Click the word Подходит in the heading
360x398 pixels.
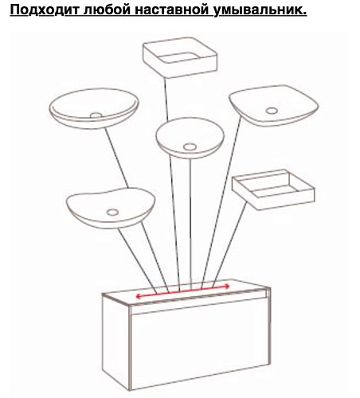(45, 10)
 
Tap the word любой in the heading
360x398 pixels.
(107, 10)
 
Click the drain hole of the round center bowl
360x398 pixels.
(190, 146)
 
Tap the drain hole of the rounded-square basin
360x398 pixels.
(272, 111)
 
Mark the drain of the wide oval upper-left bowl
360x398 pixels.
(96, 115)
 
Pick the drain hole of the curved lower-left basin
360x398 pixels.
(112, 213)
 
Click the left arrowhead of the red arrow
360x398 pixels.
(139, 296)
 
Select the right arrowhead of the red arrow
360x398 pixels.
(227, 286)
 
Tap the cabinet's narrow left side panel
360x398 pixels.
(116, 342)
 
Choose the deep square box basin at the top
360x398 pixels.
(180, 57)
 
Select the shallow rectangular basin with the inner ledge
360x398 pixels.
(273, 189)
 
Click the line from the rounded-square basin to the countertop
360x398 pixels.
(221, 202)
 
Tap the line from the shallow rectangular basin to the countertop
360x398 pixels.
(230, 244)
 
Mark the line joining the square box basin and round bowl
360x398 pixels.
(166, 99)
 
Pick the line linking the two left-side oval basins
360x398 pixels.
(116, 158)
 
